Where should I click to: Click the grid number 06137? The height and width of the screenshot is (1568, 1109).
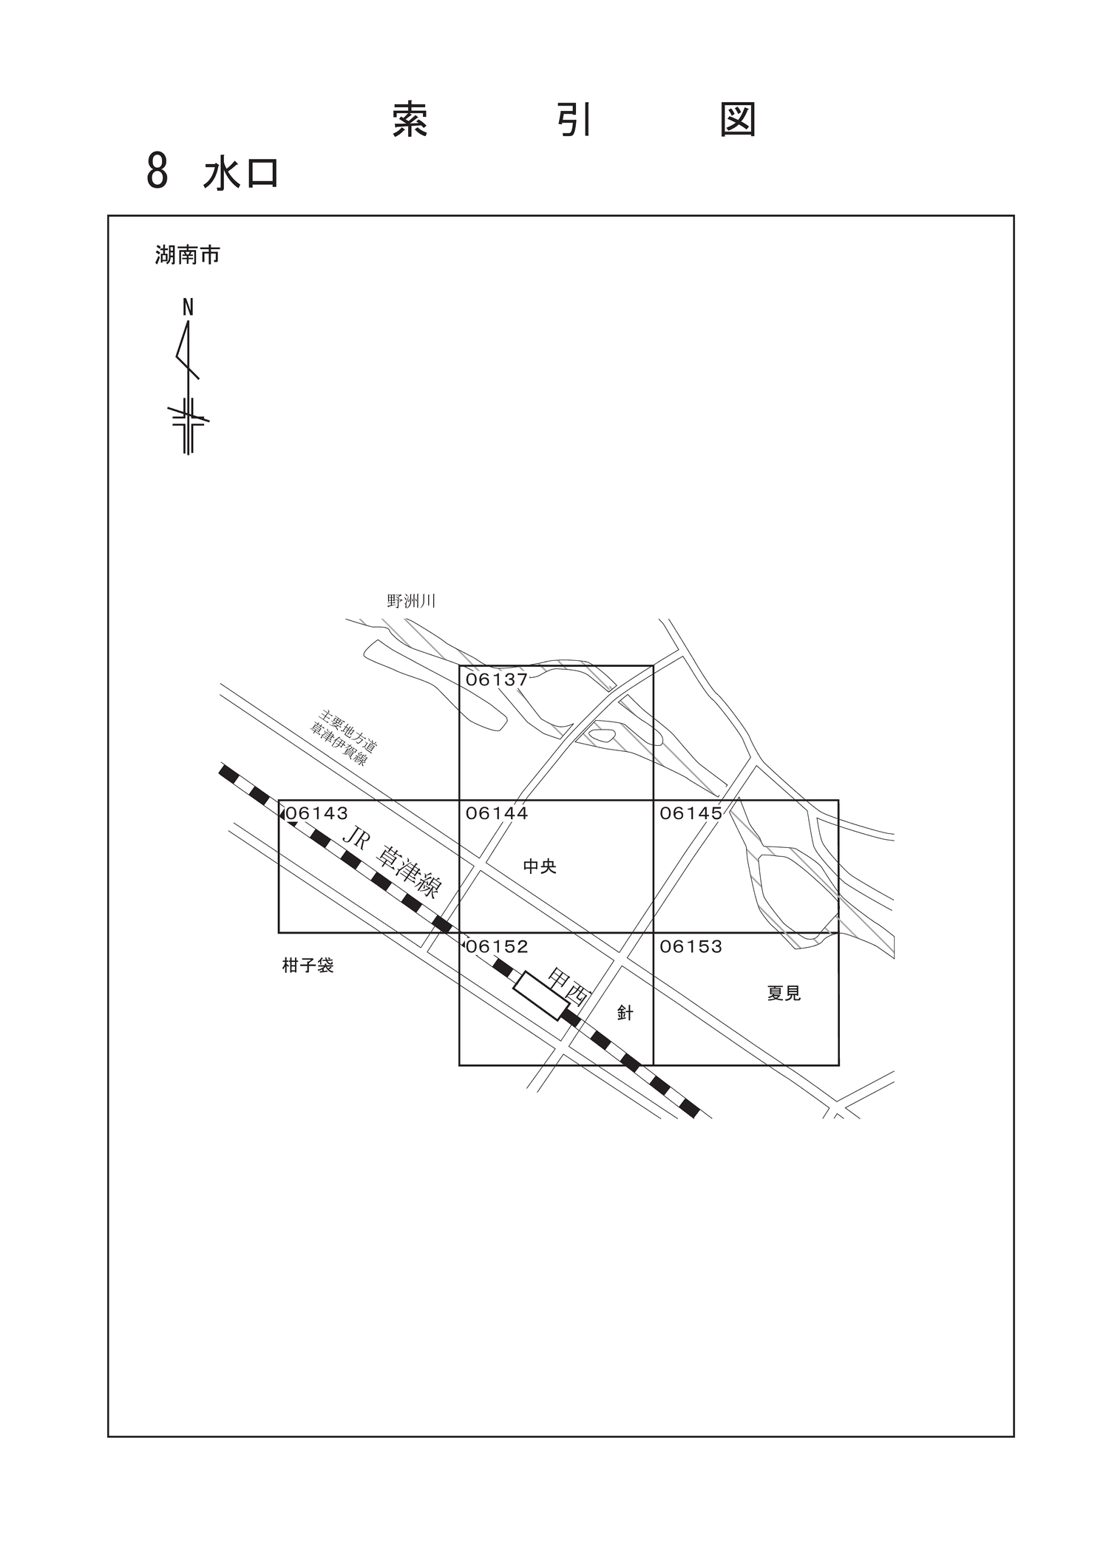tap(496, 679)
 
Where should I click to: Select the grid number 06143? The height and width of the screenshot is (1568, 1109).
tap(316, 813)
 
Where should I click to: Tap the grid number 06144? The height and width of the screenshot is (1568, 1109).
tap(497, 813)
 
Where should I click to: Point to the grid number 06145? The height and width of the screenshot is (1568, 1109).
tap(691, 813)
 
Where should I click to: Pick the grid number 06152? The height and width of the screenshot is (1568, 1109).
tap(497, 946)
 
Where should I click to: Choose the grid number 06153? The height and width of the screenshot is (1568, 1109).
tap(691, 946)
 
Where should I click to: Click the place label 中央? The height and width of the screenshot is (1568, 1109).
tap(539, 866)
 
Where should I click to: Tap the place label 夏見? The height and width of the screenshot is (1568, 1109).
tap(784, 994)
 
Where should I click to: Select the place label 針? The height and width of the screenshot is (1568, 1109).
tap(625, 1013)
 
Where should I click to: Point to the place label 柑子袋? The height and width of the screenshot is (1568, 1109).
tap(308, 965)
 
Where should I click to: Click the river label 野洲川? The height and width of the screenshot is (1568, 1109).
tap(411, 601)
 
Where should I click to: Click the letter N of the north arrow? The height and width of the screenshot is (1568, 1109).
tap(188, 308)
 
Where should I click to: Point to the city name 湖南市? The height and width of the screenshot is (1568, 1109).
tap(187, 256)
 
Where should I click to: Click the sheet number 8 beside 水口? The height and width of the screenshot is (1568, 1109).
tap(157, 172)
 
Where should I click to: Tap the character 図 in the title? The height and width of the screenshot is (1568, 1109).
tap(738, 120)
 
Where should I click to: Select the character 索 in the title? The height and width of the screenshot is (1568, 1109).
tap(410, 120)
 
